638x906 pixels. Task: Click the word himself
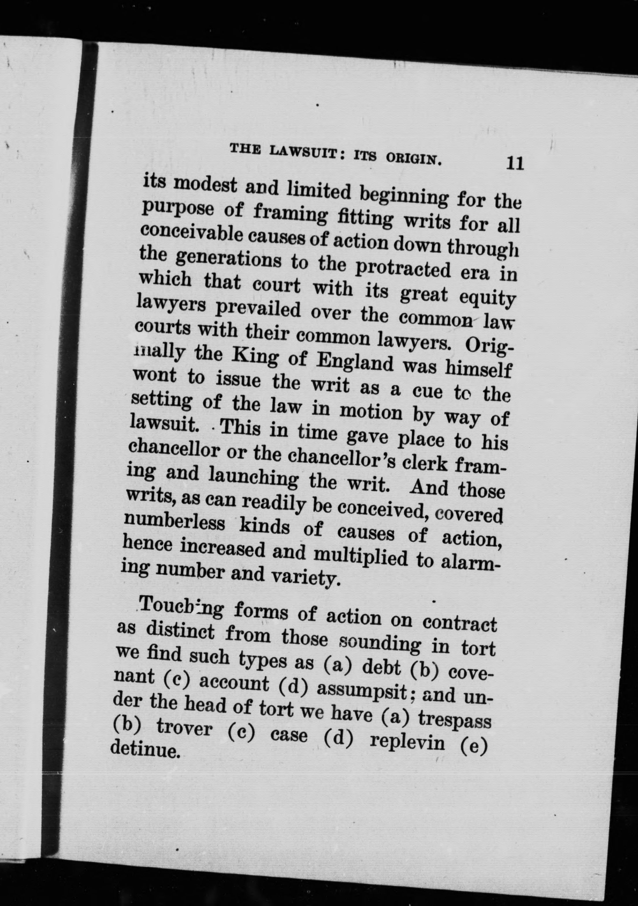click(478, 369)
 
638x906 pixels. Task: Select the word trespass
click(455, 719)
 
